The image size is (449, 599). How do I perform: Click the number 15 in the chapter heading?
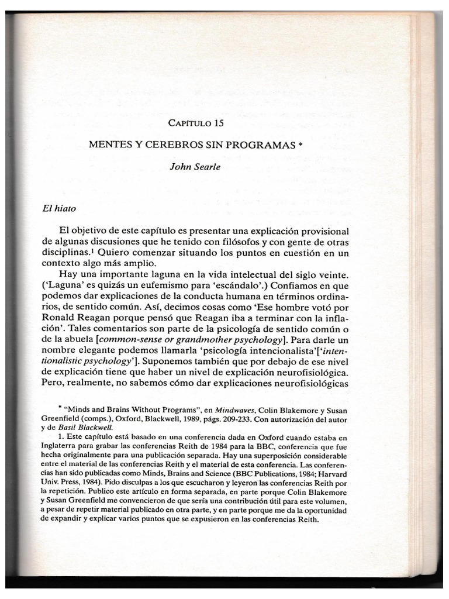(216, 123)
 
